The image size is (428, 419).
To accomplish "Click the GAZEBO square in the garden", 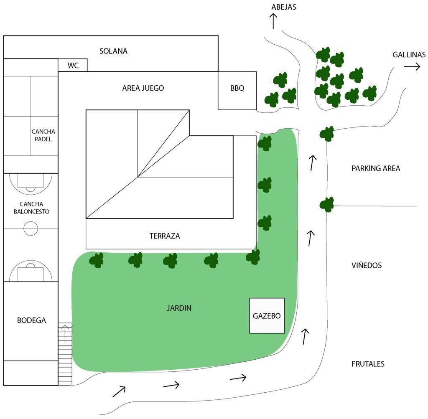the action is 267,316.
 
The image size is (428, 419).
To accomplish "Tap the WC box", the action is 73,65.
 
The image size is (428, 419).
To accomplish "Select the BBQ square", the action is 237,91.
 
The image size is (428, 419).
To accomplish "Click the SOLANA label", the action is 113,51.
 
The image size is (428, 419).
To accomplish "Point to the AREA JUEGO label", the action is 143,88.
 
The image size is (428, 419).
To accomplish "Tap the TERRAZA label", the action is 165,236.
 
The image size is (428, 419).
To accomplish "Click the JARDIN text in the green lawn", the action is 179,308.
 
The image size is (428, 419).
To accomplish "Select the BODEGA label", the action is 31,320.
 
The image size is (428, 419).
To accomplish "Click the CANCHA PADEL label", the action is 43,135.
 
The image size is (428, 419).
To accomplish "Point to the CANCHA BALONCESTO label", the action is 31,208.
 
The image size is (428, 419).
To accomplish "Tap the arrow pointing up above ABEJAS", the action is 273,21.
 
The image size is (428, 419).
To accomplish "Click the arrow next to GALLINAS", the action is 412,66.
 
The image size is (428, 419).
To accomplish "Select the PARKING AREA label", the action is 376,169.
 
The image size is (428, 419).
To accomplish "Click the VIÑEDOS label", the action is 367,265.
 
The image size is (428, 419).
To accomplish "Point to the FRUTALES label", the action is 368,364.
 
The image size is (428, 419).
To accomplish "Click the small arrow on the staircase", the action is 65,334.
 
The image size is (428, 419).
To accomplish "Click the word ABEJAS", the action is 284,7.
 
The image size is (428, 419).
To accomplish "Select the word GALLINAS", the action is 409,55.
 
